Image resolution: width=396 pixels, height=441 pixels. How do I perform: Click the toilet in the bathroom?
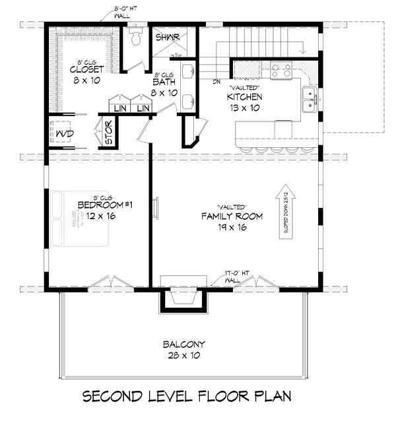coord(137,37)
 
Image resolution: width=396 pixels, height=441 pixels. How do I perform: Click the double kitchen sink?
coord(308,99)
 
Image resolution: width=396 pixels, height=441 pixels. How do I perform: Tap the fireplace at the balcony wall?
coord(181,300)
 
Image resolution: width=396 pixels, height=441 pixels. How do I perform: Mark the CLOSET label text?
coord(84,68)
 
